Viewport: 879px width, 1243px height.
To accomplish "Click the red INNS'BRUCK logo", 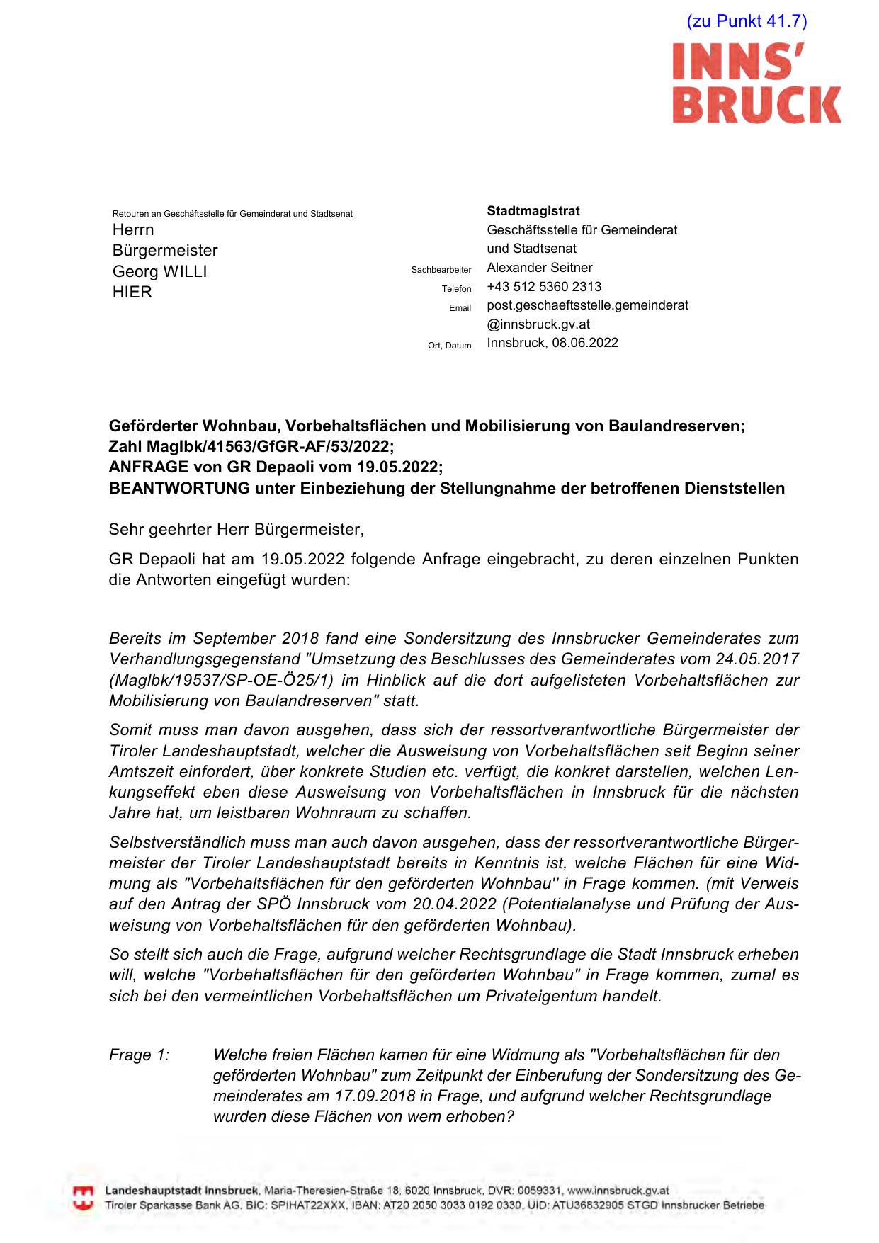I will tap(756, 83).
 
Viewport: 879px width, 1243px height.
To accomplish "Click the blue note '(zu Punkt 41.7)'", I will tap(747, 21).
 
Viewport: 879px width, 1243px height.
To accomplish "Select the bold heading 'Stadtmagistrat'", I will tap(533, 211).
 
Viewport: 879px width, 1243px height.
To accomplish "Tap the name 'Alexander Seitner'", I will tap(539, 268).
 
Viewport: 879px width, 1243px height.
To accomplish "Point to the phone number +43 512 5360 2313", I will tap(544, 287).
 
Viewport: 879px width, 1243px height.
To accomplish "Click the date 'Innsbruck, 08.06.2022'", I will tap(552, 343).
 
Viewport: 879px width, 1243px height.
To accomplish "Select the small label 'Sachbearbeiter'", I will tap(441, 270).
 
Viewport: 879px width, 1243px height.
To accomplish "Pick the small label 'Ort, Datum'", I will tap(449, 346).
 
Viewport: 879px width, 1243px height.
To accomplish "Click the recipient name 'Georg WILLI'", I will tap(159, 271).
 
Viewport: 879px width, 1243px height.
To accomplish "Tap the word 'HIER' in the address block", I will tap(132, 292).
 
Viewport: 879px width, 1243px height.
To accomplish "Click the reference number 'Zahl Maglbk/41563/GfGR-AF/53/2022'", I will tap(248, 447).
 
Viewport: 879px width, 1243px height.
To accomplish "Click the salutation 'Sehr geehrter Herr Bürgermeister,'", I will tap(236, 529).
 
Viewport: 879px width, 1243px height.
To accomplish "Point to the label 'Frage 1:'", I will tap(139, 1055).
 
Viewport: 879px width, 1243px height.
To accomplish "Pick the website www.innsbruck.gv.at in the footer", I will tap(618, 1191).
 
